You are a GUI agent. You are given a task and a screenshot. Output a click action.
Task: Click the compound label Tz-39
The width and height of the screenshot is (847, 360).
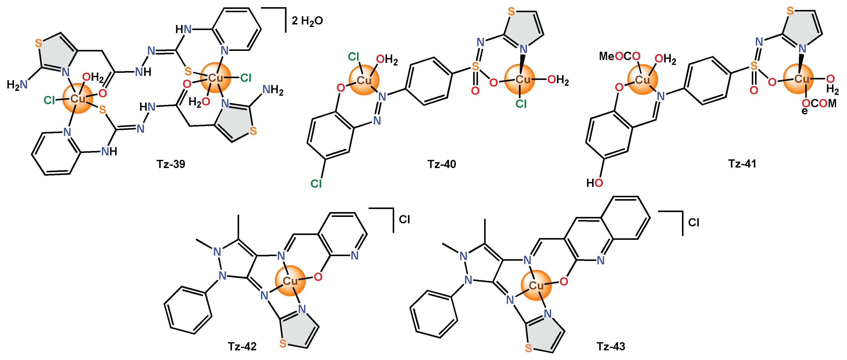pos(171,164)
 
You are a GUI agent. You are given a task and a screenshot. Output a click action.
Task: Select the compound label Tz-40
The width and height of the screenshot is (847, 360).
pos(442,164)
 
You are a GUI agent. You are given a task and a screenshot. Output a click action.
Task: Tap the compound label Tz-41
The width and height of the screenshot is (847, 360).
pos(742,163)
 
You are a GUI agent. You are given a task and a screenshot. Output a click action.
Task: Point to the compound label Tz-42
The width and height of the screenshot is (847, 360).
pos(242,346)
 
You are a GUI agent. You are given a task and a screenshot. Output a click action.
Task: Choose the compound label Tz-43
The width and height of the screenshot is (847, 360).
pos(611,346)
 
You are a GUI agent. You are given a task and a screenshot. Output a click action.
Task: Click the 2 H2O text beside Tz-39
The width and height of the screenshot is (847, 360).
pos(307,21)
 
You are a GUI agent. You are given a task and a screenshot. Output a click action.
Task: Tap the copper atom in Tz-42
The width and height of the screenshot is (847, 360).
pos(290,281)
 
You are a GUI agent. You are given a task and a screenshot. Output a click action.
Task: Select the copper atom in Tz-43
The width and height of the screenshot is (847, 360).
pos(536,285)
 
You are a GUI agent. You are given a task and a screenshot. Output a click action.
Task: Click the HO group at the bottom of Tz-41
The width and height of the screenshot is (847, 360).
pos(594,183)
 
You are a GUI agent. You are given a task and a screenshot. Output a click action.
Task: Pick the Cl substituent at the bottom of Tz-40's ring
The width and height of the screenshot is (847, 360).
pos(316,184)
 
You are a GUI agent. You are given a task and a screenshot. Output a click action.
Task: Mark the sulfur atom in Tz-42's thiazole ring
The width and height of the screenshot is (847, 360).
pos(283,343)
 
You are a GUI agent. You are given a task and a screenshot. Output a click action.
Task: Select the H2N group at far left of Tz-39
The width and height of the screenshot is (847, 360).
pos(17,85)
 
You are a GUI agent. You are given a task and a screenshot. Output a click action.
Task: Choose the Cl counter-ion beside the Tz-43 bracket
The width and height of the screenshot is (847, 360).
pos(693,223)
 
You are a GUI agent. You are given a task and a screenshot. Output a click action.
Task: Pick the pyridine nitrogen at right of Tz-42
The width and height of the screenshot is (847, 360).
pos(354,255)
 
